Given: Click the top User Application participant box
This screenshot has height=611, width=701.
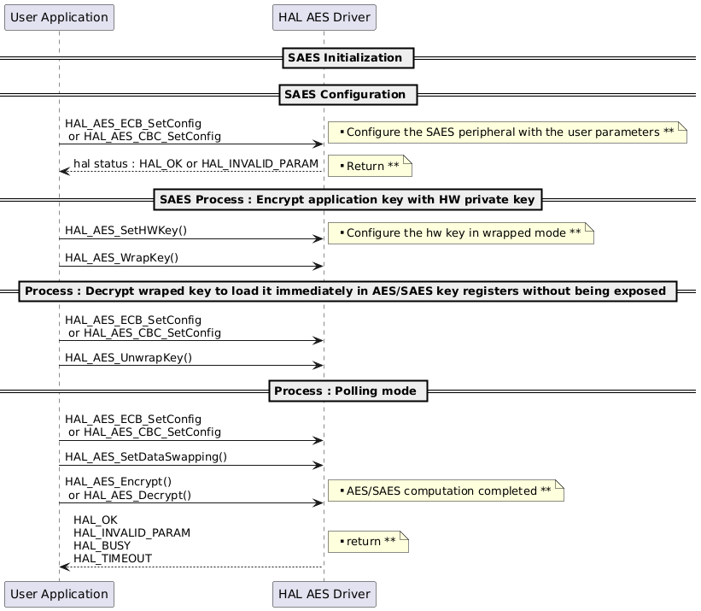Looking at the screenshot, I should [x=59, y=17].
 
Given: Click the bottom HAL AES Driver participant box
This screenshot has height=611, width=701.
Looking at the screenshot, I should [x=324, y=594].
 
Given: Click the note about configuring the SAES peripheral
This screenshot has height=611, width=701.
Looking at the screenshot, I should [x=507, y=132].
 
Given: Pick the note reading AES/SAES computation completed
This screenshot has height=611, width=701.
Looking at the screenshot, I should [x=446, y=491].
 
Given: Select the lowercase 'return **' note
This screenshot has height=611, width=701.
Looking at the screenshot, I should [x=368, y=542].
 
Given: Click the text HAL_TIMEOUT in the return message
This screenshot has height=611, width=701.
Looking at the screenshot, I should [x=113, y=559].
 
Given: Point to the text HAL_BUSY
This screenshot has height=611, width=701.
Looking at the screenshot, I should [x=102, y=545].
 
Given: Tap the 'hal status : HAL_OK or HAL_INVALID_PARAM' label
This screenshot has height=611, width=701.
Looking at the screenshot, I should [x=196, y=163].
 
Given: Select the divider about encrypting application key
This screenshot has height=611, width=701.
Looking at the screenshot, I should [x=348, y=200].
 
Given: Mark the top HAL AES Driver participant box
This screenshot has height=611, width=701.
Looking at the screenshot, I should [x=324, y=17].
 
